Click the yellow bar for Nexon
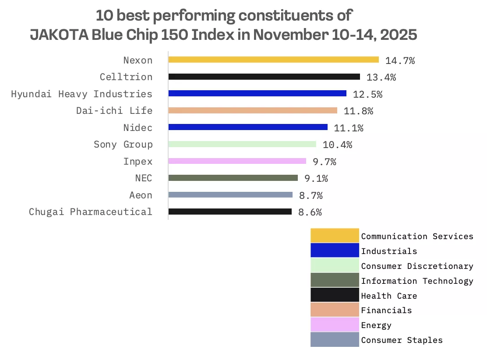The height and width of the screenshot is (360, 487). (x=273, y=60)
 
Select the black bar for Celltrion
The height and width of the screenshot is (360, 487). (x=264, y=77)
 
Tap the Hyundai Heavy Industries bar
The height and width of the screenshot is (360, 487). (x=257, y=93)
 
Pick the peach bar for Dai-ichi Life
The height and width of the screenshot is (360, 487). (x=253, y=110)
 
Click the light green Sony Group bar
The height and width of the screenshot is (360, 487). (x=242, y=144)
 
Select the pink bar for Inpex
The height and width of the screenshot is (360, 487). (x=237, y=161)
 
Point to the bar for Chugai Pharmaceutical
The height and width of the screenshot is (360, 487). (x=230, y=212)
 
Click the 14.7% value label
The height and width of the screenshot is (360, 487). (x=400, y=61)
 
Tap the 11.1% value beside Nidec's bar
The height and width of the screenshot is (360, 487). (x=349, y=128)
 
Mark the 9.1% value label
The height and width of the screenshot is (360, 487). (x=313, y=178)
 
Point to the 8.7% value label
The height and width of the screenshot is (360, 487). (x=308, y=195)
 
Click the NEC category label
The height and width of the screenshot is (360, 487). (x=144, y=178)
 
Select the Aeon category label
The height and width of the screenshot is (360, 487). (x=141, y=195)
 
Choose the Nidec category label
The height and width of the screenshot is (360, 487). (x=138, y=128)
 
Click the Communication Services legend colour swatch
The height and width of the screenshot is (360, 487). (x=335, y=236)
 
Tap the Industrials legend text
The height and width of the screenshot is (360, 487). (x=389, y=251)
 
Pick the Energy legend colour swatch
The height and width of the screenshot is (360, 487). (x=335, y=325)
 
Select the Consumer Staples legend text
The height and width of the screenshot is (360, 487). (x=402, y=340)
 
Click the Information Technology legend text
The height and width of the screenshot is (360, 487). (x=417, y=281)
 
